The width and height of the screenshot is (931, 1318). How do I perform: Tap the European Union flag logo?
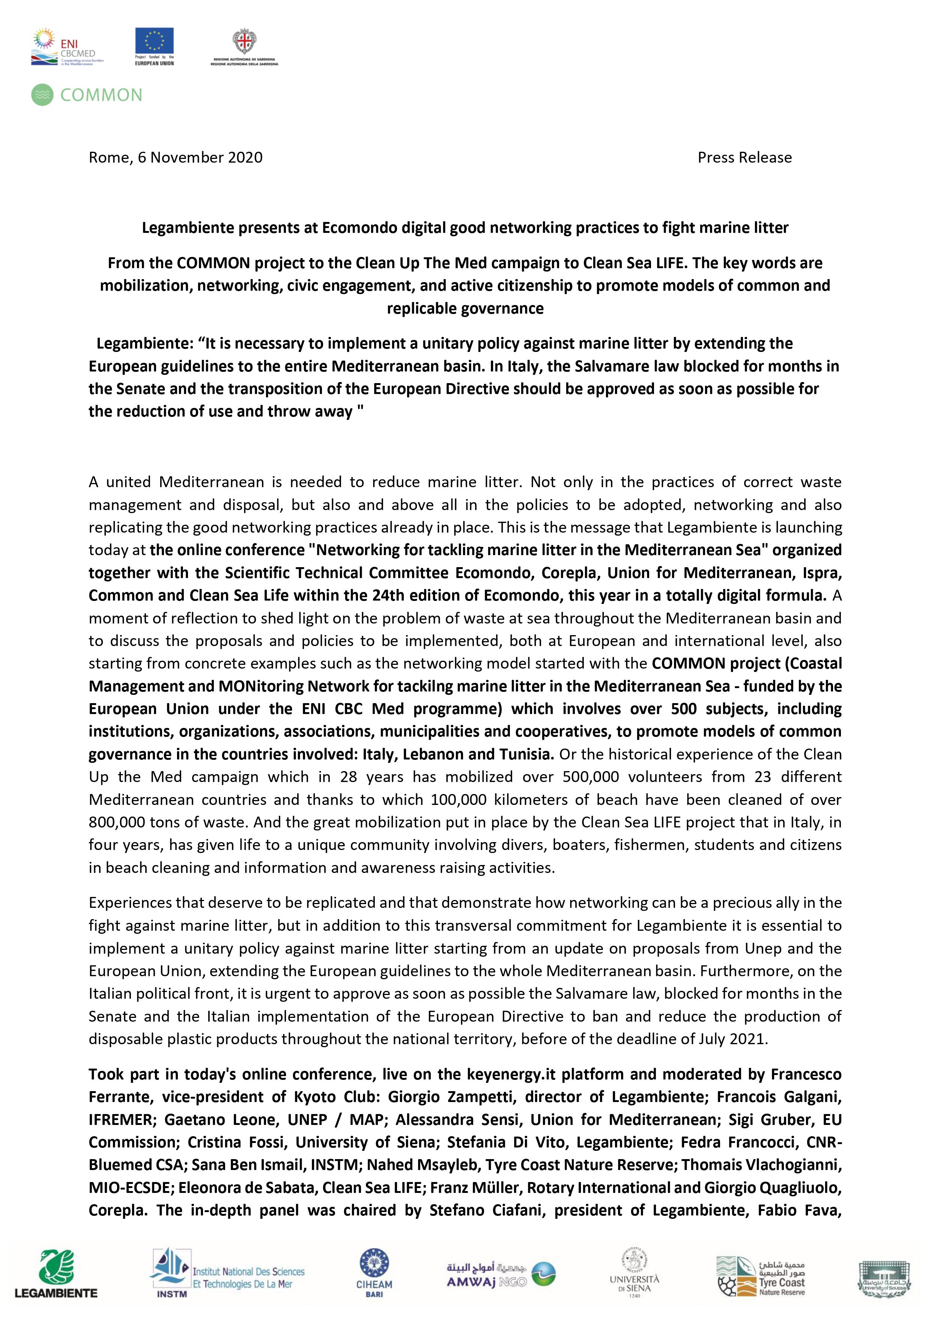pos(154,45)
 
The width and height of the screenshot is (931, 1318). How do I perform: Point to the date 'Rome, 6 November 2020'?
pos(176,157)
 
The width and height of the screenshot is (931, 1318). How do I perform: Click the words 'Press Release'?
pos(744,157)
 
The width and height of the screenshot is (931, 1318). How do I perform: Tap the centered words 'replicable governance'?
pos(465,308)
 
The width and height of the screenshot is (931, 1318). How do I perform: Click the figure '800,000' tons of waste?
pos(115,822)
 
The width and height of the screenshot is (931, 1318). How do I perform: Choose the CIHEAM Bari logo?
pos(374,1274)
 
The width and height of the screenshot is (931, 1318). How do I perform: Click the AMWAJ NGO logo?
pos(493,1274)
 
